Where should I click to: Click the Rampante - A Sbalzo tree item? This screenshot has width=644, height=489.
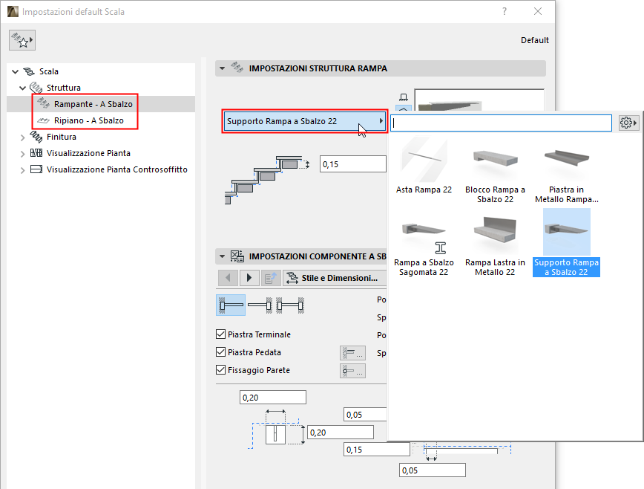click(x=93, y=104)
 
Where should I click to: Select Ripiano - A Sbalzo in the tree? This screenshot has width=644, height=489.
click(x=88, y=120)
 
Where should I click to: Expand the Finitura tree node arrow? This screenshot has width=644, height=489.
click(x=22, y=137)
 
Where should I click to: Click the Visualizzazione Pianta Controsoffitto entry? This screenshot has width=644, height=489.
click(x=116, y=169)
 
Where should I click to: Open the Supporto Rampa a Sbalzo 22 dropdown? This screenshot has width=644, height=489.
click(x=305, y=121)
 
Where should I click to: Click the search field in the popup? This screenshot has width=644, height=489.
click(x=501, y=123)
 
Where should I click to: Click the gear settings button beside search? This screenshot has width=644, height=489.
click(x=628, y=123)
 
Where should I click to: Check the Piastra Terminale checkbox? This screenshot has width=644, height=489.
click(x=220, y=335)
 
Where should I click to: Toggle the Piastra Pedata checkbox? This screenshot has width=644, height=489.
click(x=220, y=352)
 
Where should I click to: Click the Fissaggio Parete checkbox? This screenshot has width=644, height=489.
click(x=220, y=369)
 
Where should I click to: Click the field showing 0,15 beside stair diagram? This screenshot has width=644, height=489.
click(x=352, y=164)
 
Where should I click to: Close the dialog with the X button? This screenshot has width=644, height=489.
click(x=538, y=12)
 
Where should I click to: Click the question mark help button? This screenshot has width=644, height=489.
click(x=505, y=12)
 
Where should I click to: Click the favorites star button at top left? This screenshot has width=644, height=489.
click(x=22, y=42)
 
